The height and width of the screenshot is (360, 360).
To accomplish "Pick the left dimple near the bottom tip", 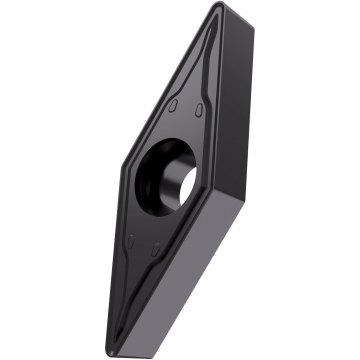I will click(x=131, y=240).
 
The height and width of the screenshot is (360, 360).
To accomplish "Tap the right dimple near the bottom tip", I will click(x=156, y=245).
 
